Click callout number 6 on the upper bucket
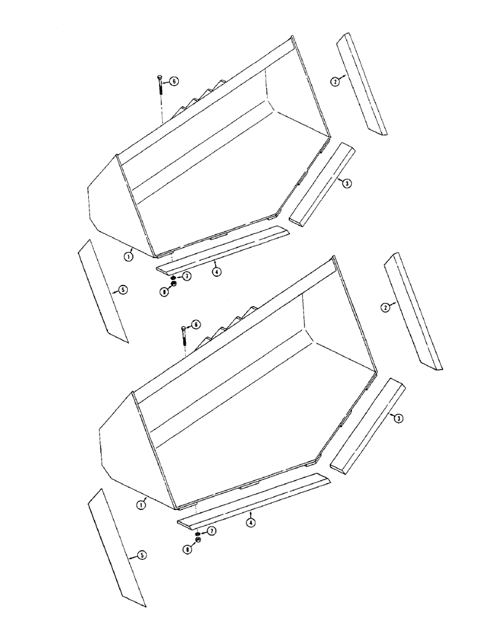[x=174, y=81]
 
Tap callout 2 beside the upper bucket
[x=334, y=81]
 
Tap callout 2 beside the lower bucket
[x=385, y=307]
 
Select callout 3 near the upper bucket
[x=346, y=183]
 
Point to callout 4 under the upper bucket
[x=217, y=272]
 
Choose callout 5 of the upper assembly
[x=123, y=289]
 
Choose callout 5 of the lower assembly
[x=142, y=555]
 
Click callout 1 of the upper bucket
[x=128, y=256]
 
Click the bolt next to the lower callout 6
[x=184, y=335]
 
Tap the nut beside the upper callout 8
[x=173, y=284]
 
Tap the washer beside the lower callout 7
[x=199, y=533]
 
